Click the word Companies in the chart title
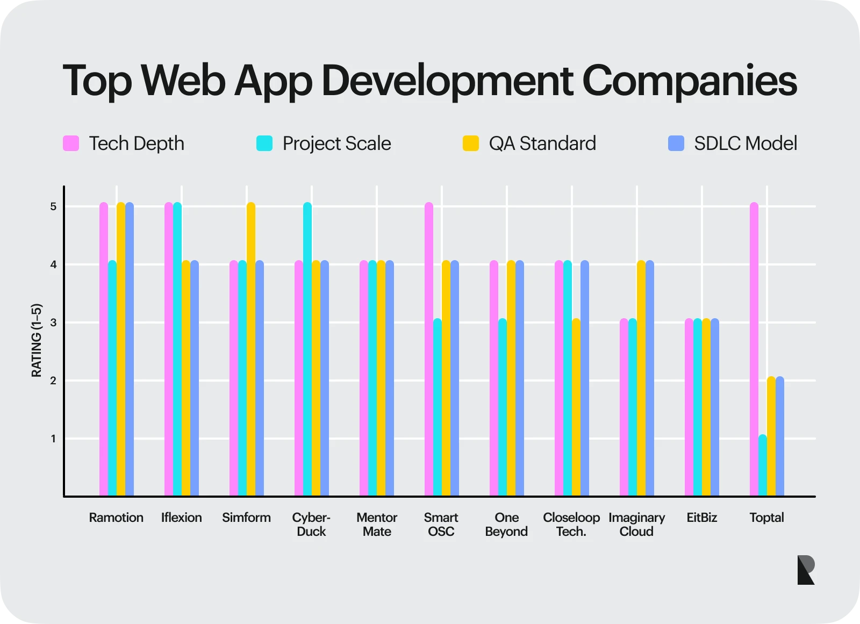click(690, 81)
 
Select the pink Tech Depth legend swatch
click(71, 144)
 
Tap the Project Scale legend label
click(336, 144)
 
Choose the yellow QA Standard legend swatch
click(470, 144)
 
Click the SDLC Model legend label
click(746, 144)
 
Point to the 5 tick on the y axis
click(53, 206)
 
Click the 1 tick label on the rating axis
click(53, 439)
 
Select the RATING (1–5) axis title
click(37, 340)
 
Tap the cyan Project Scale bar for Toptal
click(762, 465)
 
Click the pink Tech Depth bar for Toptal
click(754, 349)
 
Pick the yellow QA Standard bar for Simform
click(251, 349)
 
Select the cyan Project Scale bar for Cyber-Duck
click(307, 349)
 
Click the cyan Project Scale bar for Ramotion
click(112, 378)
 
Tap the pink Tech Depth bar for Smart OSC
click(429, 349)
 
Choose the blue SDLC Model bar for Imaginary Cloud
click(650, 378)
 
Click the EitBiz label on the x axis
click(701, 518)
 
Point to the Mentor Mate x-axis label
click(377, 524)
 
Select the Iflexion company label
click(182, 518)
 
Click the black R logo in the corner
click(806, 570)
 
